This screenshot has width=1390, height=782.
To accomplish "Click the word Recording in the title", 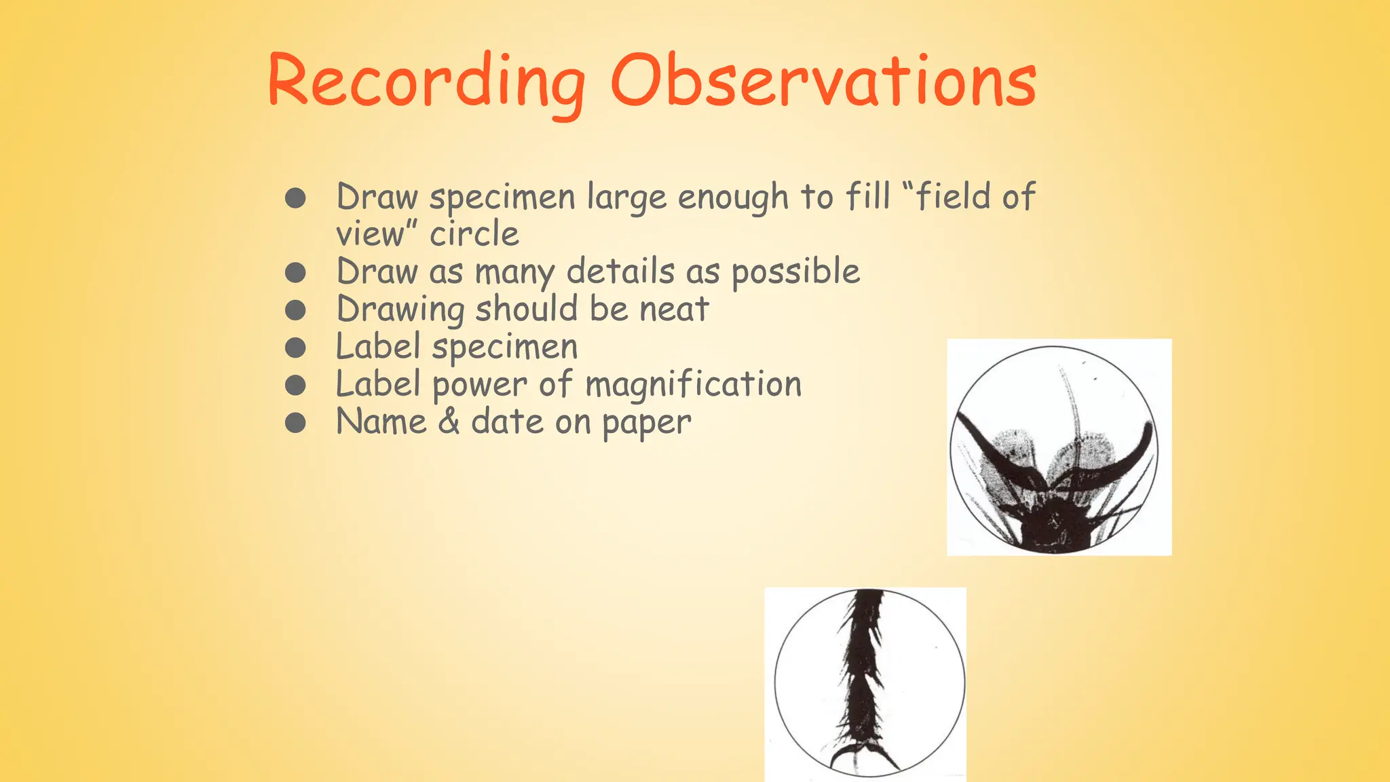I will tap(426, 83).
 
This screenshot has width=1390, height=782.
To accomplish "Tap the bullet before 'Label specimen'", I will tap(295, 348).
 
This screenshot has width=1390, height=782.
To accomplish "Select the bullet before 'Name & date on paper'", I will tap(295, 424).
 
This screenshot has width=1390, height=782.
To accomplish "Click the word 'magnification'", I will tap(693, 384).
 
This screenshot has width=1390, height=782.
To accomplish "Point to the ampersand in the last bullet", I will tap(449, 422).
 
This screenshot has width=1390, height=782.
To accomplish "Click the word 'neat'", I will tap(674, 310).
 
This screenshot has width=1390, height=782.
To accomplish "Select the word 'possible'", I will tap(795, 272).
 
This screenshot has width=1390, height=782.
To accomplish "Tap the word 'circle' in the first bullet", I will tap(474, 235).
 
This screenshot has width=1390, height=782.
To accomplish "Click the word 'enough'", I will tap(732, 198).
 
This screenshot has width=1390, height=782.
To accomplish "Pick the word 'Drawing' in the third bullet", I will tap(400, 310).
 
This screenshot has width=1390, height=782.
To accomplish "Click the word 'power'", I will tap(479, 386).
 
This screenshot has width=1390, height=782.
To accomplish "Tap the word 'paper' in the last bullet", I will tap(646, 424).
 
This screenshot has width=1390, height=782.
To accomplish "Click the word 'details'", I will tap(620, 272).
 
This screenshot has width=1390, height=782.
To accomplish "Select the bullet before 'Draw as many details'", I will tap(295, 273).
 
